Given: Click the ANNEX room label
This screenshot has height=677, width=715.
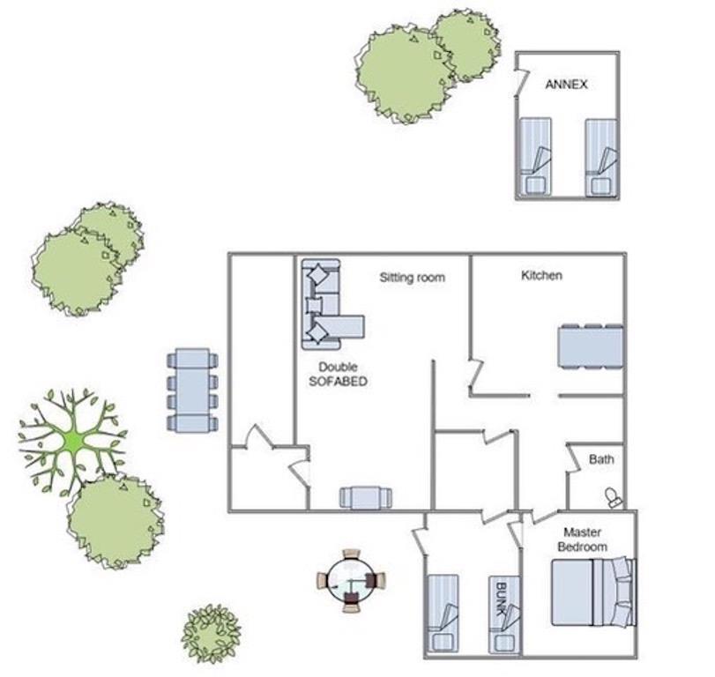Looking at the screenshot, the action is [x=566, y=85].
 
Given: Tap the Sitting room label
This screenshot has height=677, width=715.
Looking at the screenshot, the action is [x=413, y=277].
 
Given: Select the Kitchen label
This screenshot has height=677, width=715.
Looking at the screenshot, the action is [x=541, y=275].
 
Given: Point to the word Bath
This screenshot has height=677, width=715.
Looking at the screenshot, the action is [x=601, y=459].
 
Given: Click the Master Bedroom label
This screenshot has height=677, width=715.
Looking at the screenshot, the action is [x=582, y=539].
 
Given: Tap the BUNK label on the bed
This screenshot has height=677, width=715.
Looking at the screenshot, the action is [x=502, y=599].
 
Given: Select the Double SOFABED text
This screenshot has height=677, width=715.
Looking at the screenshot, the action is [x=338, y=374].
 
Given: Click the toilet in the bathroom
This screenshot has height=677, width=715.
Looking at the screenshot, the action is [x=614, y=497].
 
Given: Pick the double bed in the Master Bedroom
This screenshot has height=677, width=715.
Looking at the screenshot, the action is [x=593, y=591].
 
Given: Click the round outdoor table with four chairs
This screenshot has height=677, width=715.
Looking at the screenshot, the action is [x=351, y=581].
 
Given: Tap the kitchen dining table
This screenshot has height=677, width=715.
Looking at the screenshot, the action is [x=591, y=346].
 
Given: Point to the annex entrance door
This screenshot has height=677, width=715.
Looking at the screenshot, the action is [x=520, y=83].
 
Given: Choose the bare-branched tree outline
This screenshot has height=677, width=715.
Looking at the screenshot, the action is [x=73, y=441].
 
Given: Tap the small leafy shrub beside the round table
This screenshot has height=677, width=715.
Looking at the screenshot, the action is [x=211, y=633].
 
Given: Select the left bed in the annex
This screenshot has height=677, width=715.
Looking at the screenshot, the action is [x=535, y=157].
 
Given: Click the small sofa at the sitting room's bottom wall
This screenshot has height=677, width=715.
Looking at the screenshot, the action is [x=366, y=497].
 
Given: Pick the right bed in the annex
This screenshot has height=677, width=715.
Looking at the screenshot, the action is [x=601, y=158].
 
